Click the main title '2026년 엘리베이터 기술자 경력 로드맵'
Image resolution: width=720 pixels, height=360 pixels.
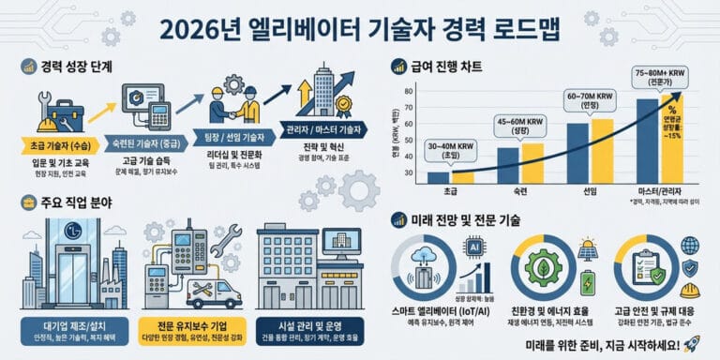360,28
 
